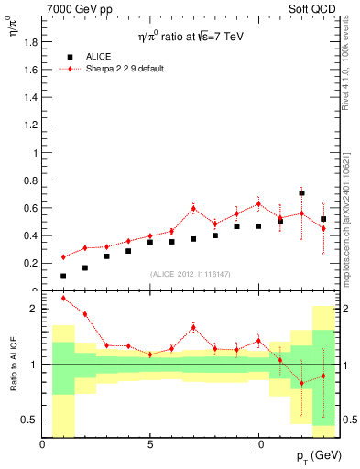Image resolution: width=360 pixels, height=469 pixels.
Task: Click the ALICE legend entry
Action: (x=97, y=56)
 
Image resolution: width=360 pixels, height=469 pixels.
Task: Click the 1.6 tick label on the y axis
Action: (x=30, y=70)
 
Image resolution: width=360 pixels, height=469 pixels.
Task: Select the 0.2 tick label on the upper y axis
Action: (x=30, y=263)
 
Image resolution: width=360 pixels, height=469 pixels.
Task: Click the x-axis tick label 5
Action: (x=150, y=444)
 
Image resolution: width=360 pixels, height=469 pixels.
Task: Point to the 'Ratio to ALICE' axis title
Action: (x=12, y=365)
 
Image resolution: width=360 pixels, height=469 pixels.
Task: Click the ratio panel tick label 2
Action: (x=34, y=309)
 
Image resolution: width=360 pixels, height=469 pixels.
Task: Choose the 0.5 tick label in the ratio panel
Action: (x=30, y=420)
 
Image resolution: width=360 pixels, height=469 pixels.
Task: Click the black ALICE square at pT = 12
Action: (x=301, y=193)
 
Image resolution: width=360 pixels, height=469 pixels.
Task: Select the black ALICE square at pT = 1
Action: (x=63, y=276)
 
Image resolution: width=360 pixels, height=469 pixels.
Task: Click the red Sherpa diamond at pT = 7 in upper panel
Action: (x=193, y=208)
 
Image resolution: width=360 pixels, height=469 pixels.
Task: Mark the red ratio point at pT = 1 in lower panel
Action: (x=63, y=298)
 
